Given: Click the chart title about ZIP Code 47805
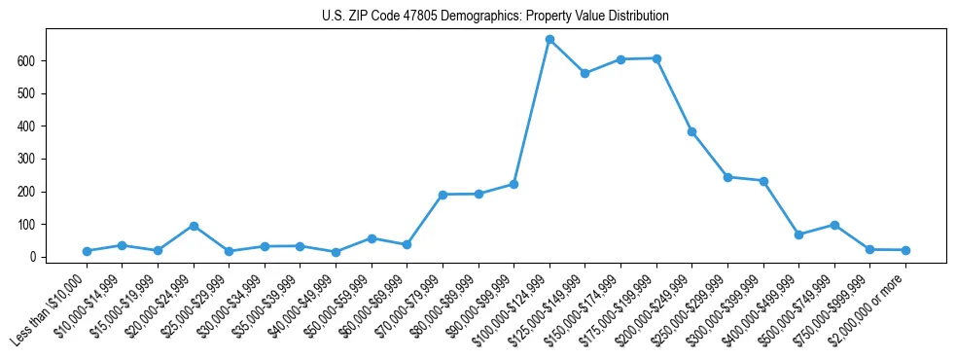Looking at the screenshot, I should pos(495,17).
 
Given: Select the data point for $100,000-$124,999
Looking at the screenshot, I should pos(549,40).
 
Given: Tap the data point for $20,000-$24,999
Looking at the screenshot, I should pos(194,226).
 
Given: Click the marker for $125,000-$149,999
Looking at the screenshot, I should pos(584,73).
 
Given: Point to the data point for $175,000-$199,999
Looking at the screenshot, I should pos(656,58).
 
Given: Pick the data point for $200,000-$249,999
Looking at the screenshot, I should pos(691,131).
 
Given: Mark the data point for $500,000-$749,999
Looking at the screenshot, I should pos(833,225).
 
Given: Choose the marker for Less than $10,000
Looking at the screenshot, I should pos(87,251).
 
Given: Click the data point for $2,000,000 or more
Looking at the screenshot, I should pos(905,250).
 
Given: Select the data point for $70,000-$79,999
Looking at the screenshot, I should pos(443,195).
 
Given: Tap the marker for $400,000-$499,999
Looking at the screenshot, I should pos(798,234).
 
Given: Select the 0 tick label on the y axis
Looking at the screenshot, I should pos(39,257).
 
